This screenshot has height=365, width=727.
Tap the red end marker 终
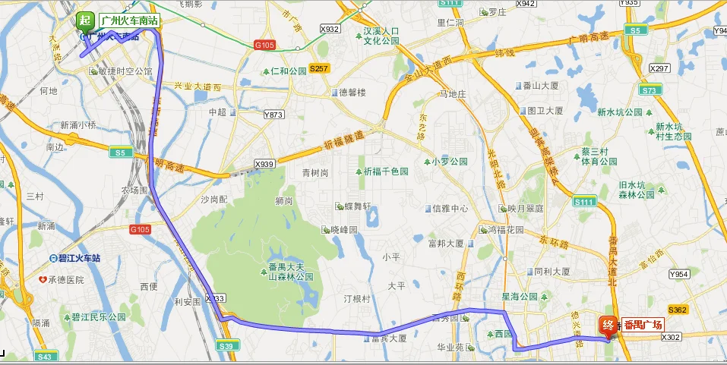(x=608, y=324)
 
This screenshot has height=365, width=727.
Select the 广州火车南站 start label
(x=128, y=20)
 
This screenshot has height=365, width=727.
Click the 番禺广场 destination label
(x=643, y=324)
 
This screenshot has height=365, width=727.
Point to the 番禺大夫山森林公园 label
(x=291, y=272)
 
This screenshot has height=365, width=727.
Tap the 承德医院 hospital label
(x=62, y=280)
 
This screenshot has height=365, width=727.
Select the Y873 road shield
(x=273, y=115)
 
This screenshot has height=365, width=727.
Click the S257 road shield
(x=319, y=68)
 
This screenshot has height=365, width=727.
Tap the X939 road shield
(x=264, y=164)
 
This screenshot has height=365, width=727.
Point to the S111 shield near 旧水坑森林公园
(x=585, y=202)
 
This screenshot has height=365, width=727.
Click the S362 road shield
(x=678, y=310)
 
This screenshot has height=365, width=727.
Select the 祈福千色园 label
(x=385, y=171)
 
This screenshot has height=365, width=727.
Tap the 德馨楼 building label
(x=352, y=93)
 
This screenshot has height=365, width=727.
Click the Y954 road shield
(x=678, y=274)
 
